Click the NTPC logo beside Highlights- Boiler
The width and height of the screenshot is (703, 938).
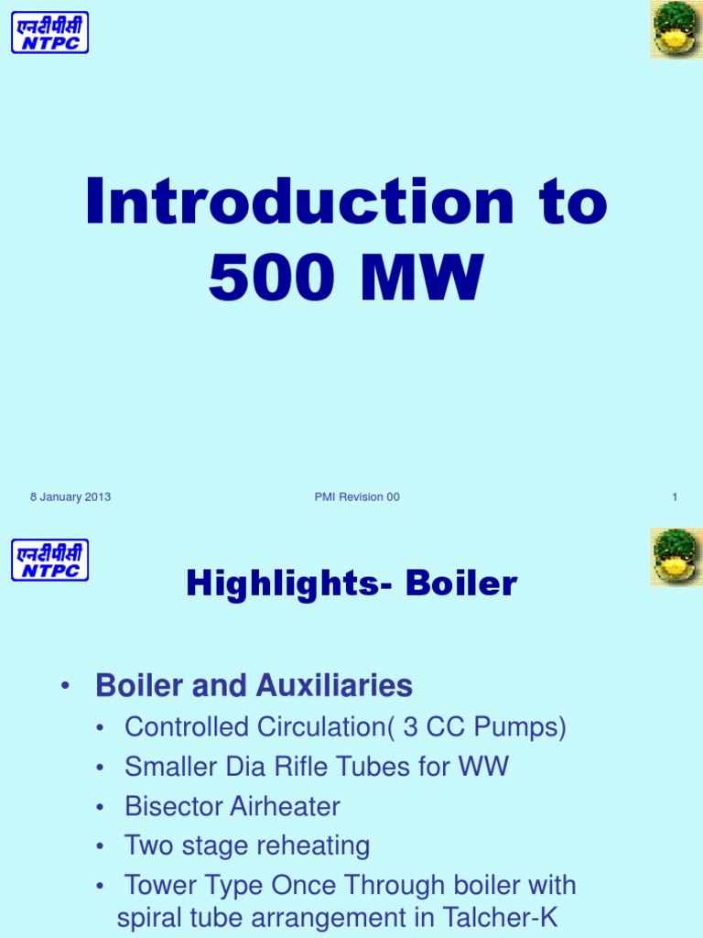coord(50,560)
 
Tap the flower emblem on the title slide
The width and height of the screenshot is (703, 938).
coord(676,29)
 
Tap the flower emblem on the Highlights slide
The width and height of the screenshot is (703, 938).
coord(676,557)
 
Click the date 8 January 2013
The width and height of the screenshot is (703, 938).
coord(70,497)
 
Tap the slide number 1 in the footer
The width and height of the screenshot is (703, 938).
coord(675,497)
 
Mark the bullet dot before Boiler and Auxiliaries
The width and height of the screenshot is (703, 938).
coord(64,687)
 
